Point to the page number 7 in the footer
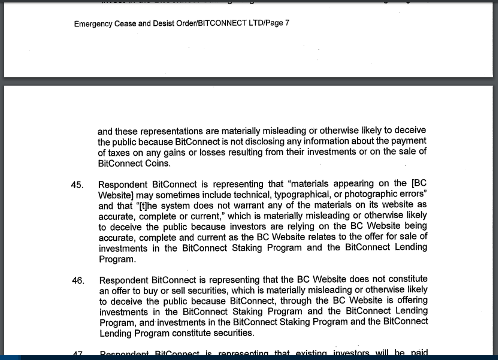288,24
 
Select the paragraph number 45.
77,184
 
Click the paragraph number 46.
78,280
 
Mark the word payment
410,141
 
